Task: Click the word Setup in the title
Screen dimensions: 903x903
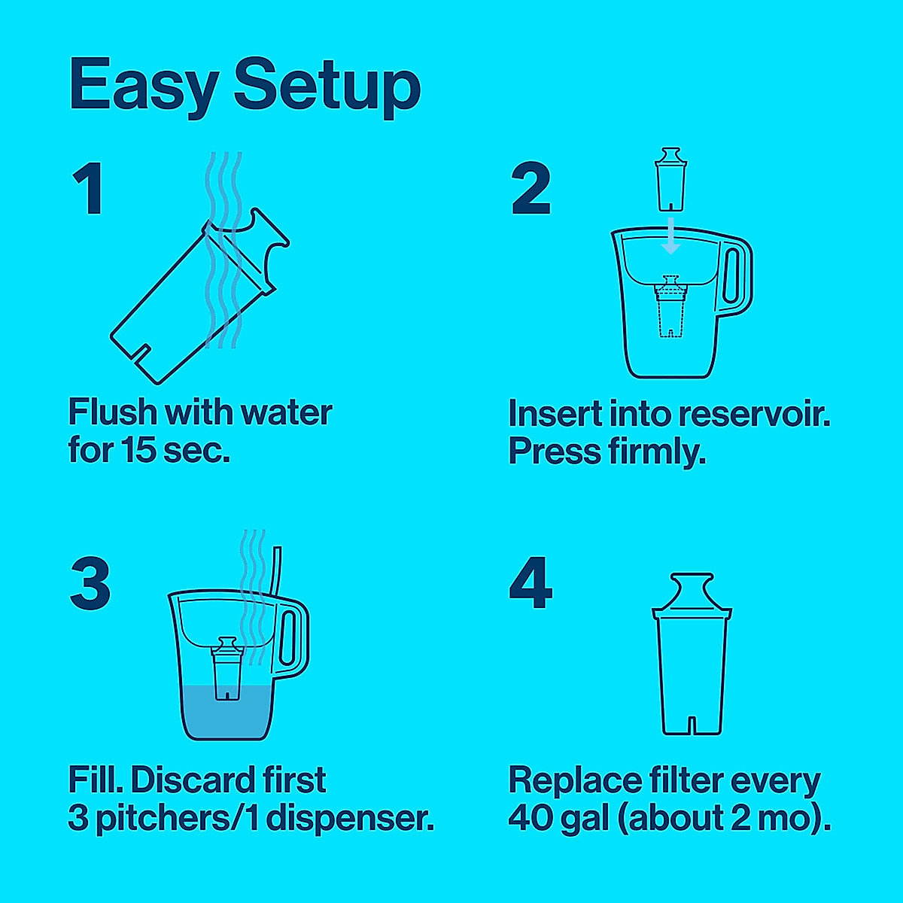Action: pyautogui.click(x=327, y=86)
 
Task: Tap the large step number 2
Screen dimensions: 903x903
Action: pyautogui.click(x=531, y=190)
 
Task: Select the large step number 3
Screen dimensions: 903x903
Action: pyautogui.click(x=90, y=583)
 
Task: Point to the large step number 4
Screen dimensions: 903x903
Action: pyautogui.click(x=531, y=583)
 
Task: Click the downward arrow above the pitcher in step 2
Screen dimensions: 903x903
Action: pyautogui.click(x=670, y=237)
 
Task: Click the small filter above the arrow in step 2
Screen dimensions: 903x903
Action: pyautogui.click(x=669, y=181)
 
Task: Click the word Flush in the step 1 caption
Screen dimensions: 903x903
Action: pyautogui.click(x=113, y=412)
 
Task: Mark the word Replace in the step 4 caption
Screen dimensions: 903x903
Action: pyautogui.click(x=573, y=780)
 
